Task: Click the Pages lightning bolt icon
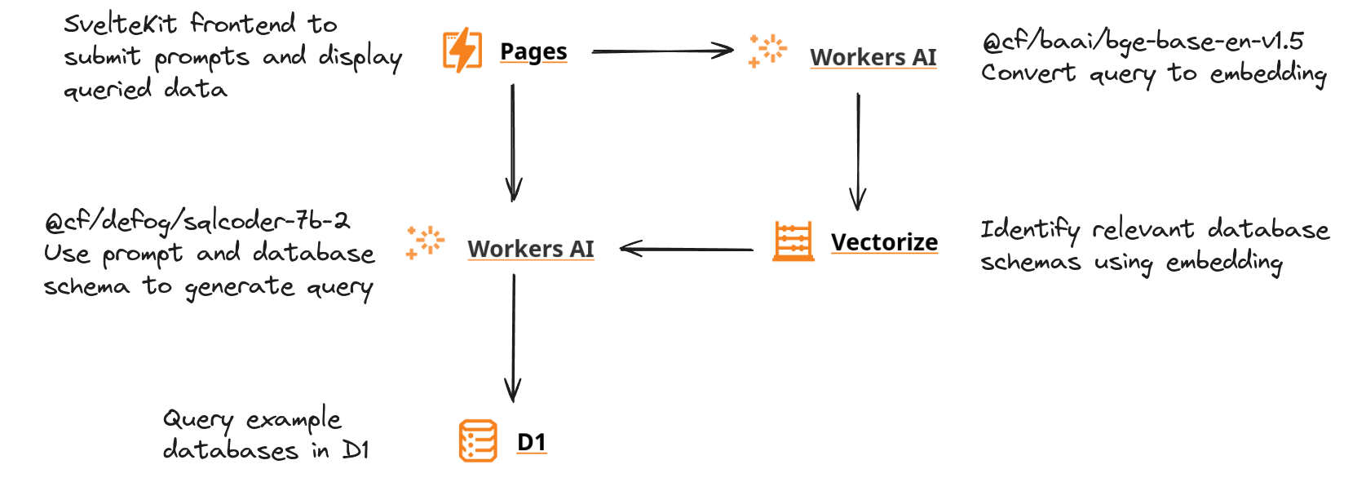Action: tap(462, 50)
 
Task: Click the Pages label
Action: tap(533, 51)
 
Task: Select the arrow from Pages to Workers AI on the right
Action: tap(662, 51)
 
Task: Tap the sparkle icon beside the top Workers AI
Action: tap(767, 51)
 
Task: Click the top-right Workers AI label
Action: tap(873, 57)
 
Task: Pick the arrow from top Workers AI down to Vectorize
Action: tap(857, 151)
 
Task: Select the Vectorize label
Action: tap(884, 242)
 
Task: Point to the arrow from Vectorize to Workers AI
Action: tap(687, 249)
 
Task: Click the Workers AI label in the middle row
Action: tap(530, 249)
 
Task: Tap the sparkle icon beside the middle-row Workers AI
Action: tap(424, 242)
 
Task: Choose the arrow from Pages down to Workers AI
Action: tap(513, 143)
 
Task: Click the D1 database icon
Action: tap(478, 441)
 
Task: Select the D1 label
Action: tap(532, 441)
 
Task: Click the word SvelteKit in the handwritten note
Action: tap(120, 24)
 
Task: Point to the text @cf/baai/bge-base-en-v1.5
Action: tap(1142, 41)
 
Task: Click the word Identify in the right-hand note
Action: tap(1029, 229)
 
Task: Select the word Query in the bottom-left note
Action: tap(198, 419)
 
